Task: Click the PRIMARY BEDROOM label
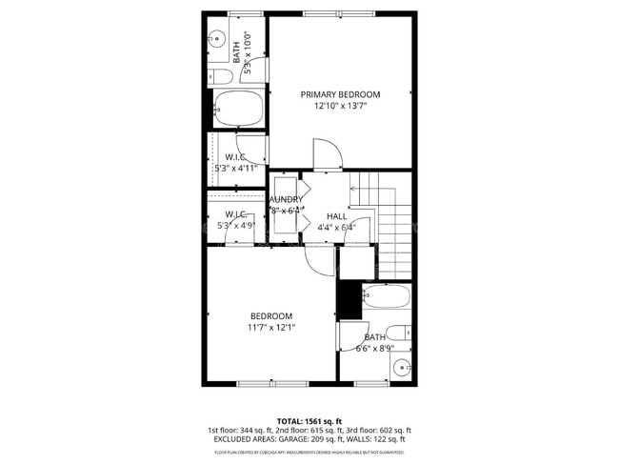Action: click(340, 94)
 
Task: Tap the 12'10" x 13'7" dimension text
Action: click(340, 107)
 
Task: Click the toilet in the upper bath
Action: click(220, 76)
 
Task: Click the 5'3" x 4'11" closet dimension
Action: click(236, 169)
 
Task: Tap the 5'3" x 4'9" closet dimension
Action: click(235, 226)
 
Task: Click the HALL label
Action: click(336, 216)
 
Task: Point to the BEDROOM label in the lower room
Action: click(271, 316)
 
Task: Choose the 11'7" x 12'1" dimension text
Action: click(271, 328)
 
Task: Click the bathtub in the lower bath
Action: click(386, 299)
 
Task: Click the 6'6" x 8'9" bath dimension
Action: click(373, 349)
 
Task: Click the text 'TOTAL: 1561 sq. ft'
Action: click(309, 420)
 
